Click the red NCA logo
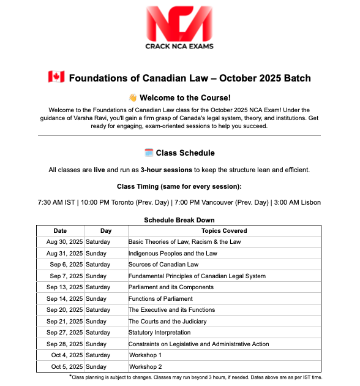(179, 23)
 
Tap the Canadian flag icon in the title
(56, 78)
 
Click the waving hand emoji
(132, 97)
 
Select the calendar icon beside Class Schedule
(148, 153)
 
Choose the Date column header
(60, 231)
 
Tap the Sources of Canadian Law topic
(163, 265)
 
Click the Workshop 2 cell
(145, 367)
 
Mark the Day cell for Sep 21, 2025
(96, 322)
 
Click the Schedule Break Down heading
(179, 220)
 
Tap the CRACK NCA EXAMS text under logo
(179, 46)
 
